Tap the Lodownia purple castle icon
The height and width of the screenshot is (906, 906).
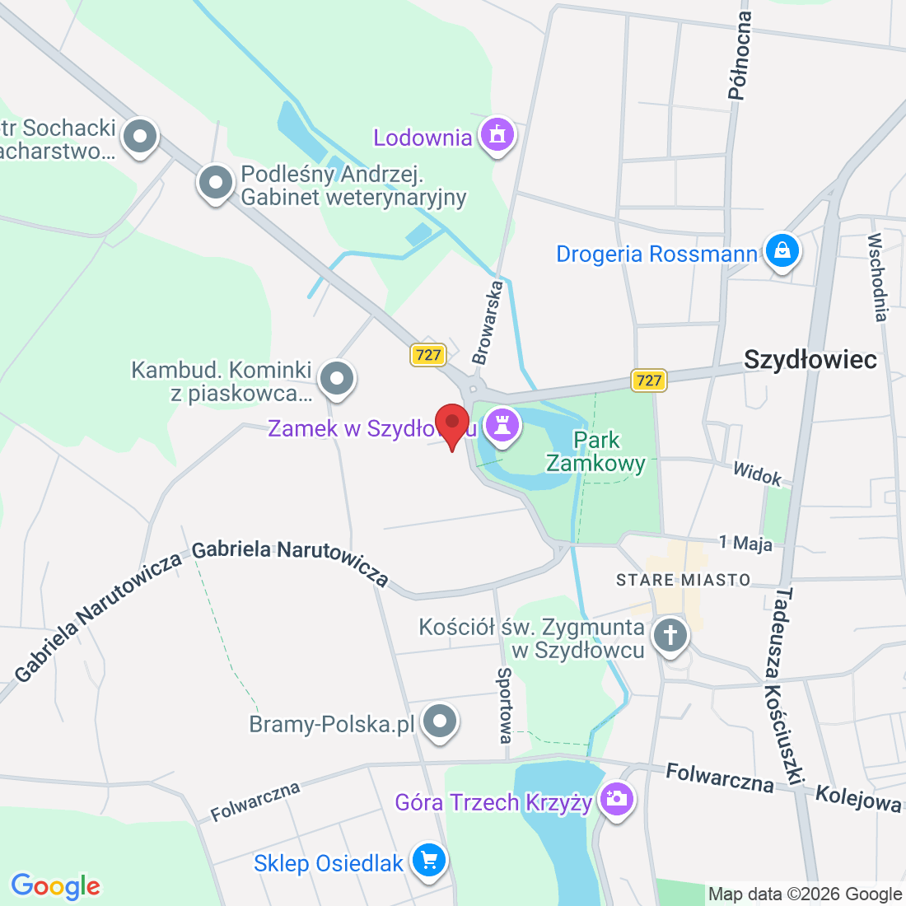497,135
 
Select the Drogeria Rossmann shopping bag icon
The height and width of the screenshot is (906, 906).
782,251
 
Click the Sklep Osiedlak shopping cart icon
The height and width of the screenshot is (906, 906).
428,861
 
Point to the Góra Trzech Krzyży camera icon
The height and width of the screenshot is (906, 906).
616,799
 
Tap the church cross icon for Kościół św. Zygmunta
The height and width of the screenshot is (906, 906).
670,636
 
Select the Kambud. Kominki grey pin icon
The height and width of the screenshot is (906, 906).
336,379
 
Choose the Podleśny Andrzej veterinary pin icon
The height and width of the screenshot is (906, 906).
216,183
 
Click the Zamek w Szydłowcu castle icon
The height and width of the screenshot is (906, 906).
501,426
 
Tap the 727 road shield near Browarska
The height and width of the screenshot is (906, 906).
428,355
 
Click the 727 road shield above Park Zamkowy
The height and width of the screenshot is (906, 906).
649,380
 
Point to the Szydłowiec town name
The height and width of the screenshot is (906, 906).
810,360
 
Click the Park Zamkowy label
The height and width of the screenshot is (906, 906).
596,451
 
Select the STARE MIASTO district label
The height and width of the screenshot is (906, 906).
684,580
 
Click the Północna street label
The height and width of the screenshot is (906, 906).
740,56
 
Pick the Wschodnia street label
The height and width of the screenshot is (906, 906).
878,278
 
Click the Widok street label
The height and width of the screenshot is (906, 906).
757,474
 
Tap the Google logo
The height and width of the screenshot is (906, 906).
55,886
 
